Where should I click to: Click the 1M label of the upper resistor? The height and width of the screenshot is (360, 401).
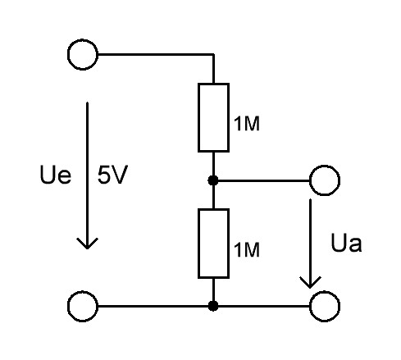(247, 124)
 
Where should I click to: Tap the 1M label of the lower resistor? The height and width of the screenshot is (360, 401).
(247, 249)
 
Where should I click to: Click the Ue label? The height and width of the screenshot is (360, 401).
(56, 174)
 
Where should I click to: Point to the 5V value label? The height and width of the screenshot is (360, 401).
(112, 175)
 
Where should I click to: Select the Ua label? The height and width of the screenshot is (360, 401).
(346, 243)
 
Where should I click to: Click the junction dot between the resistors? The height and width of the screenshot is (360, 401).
(213, 180)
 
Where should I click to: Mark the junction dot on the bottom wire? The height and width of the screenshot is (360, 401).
(213, 306)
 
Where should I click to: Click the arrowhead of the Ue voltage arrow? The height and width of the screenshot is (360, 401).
(87, 244)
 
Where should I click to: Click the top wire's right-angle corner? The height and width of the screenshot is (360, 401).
(213, 54)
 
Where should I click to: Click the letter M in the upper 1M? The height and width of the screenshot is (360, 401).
(251, 124)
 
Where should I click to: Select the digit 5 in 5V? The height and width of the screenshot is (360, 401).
(104, 175)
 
